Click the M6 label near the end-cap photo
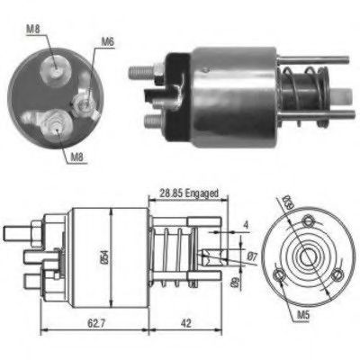tap(108, 40)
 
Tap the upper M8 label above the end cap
tap(32, 31)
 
